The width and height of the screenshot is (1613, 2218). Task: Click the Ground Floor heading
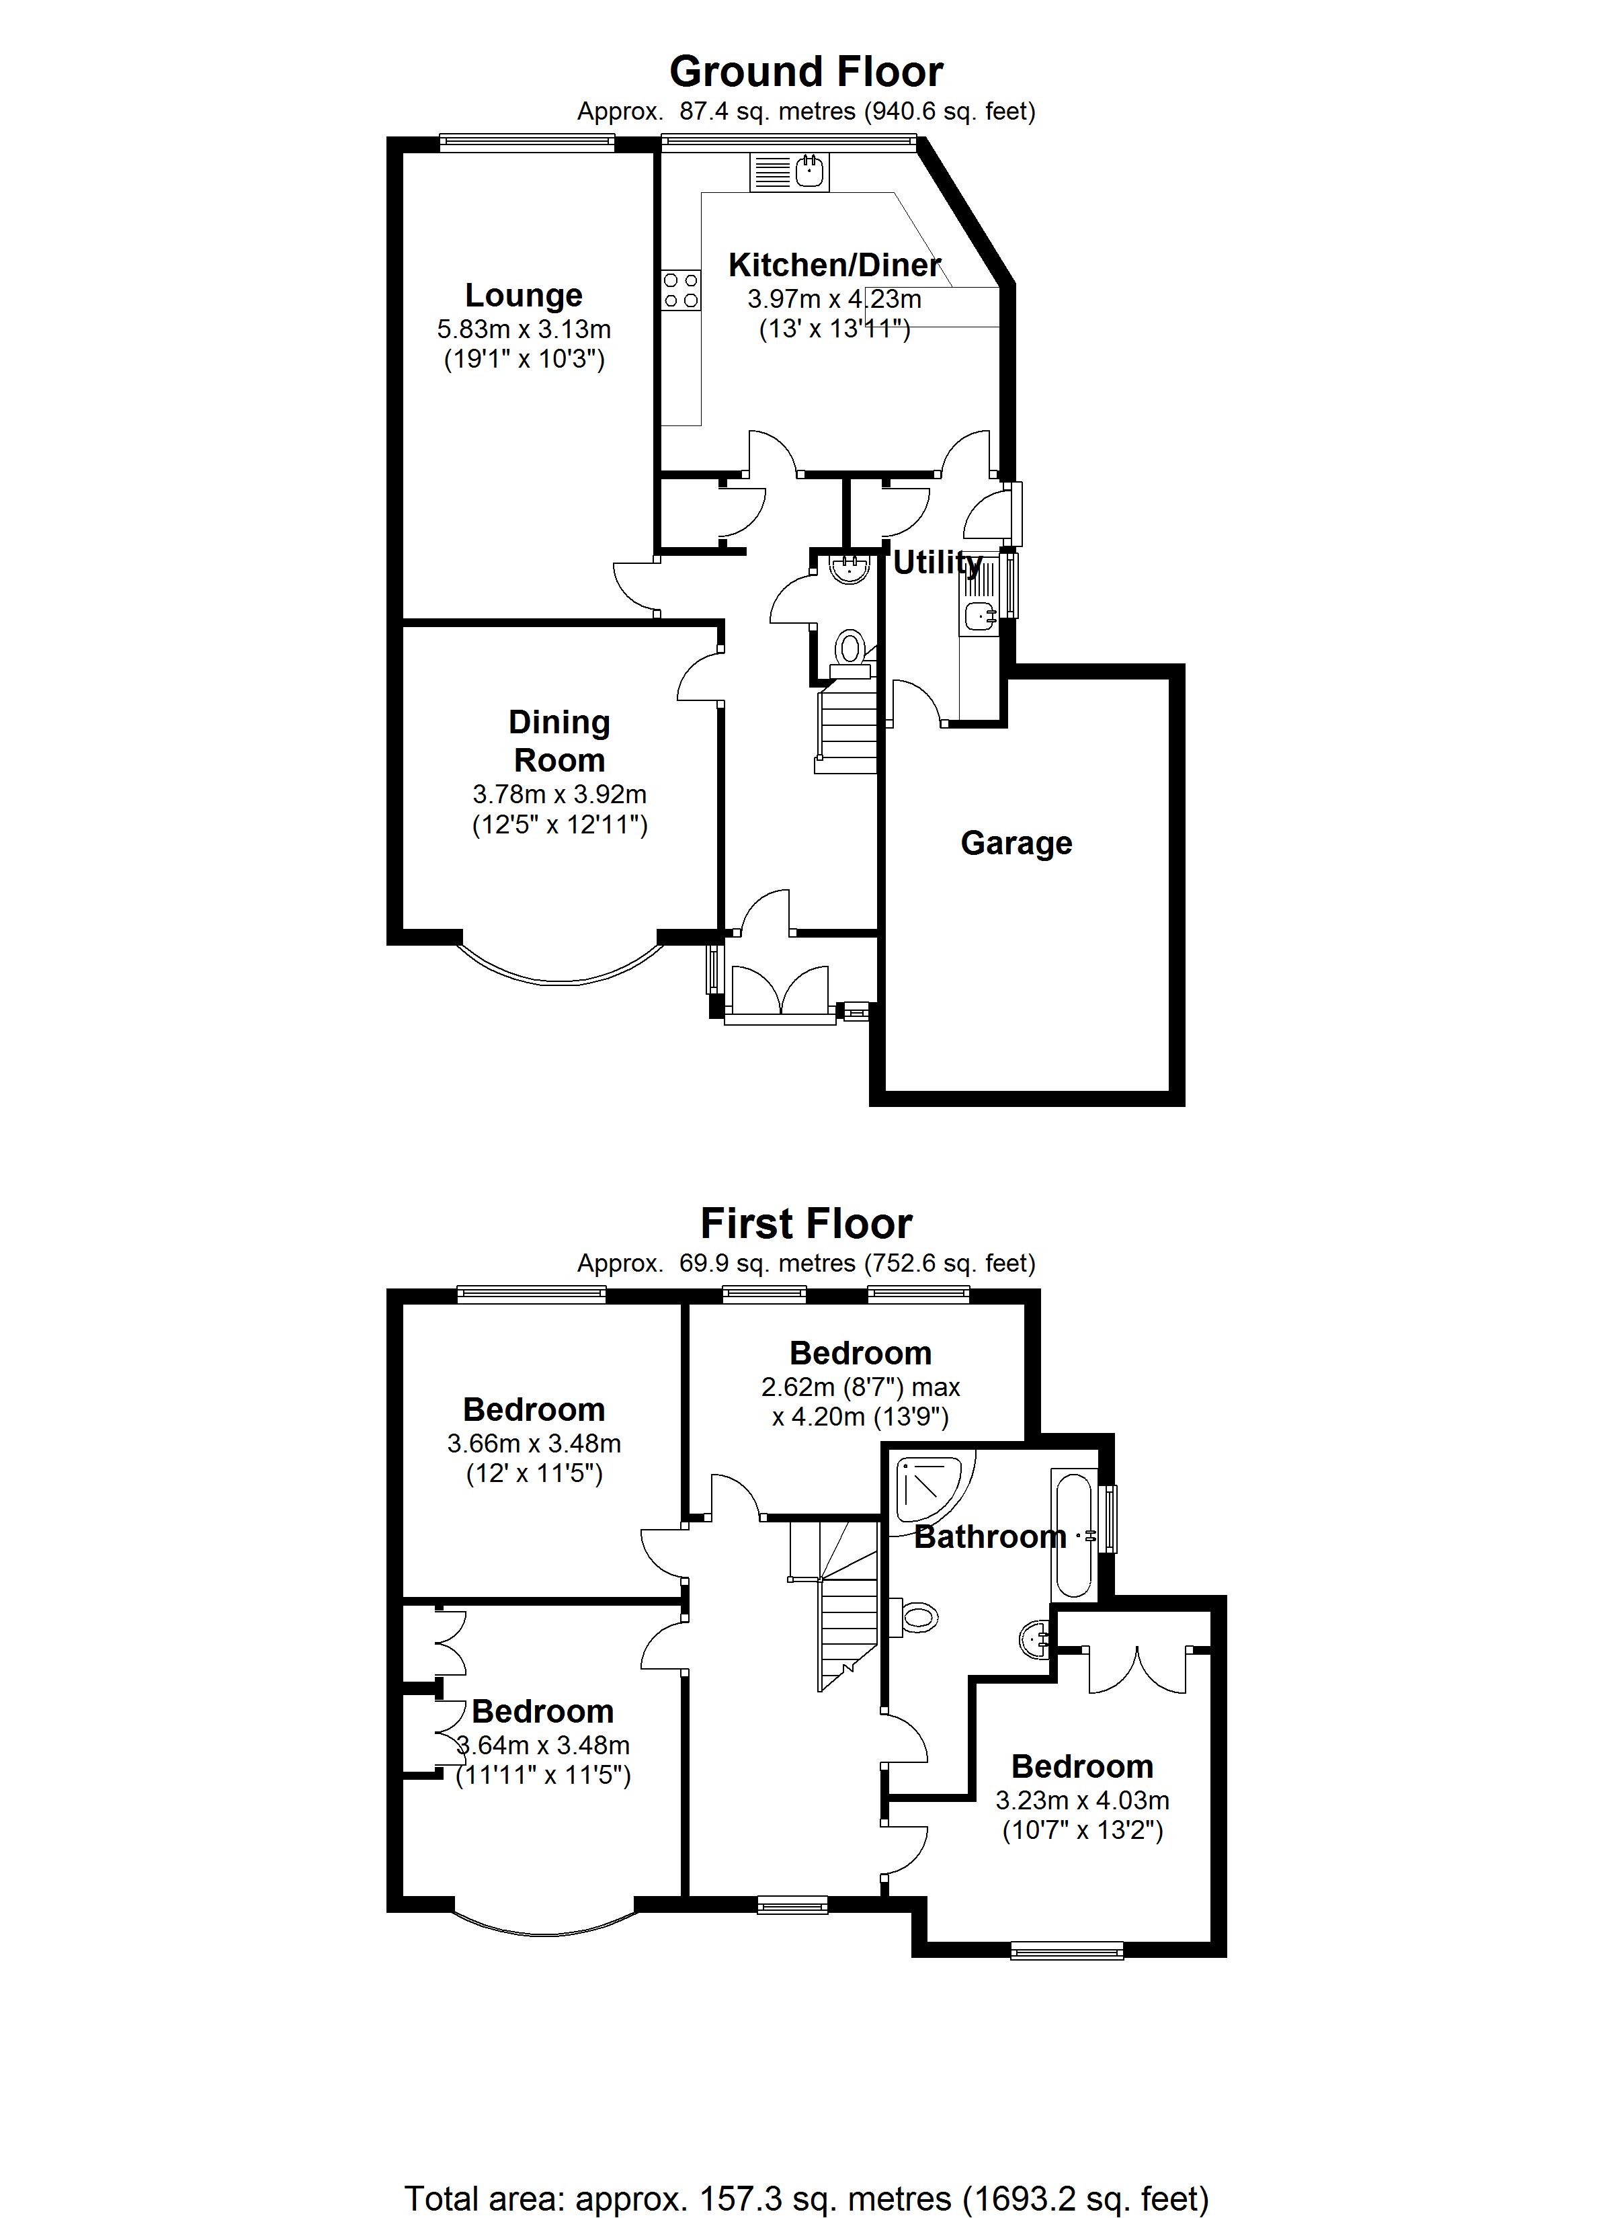point(806,73)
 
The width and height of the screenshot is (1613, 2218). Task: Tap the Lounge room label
point(524,295)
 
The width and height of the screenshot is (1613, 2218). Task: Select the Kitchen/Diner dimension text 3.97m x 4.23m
point(834,299)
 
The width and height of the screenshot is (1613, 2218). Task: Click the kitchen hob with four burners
point(681,290)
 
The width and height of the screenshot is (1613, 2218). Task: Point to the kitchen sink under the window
point(810,173)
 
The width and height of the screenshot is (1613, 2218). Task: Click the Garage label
point(1016,843)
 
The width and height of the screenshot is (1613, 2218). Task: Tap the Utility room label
point(936,563)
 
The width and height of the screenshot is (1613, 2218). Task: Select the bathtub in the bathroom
point(1074,1532)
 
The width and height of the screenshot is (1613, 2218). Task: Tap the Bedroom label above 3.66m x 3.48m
point(534,1410)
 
